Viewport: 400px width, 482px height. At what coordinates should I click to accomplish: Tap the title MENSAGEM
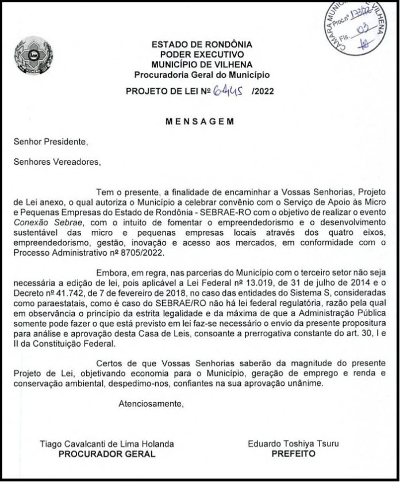point(199,122)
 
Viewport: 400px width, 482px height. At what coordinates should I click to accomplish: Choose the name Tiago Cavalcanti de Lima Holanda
point(106,444)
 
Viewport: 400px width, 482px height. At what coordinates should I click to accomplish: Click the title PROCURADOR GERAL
point(107,454)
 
